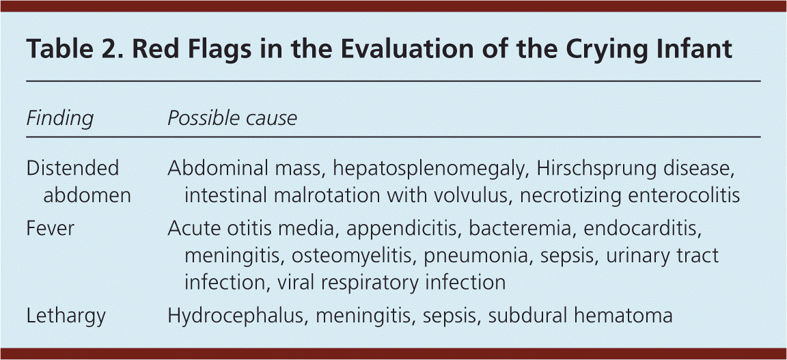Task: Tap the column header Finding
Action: (59, 119)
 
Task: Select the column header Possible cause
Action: (232, 118)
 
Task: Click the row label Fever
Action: (50, 228)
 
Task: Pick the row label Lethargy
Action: (66, 316)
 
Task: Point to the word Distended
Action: (73, 168)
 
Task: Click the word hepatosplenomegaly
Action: (426, 169)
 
